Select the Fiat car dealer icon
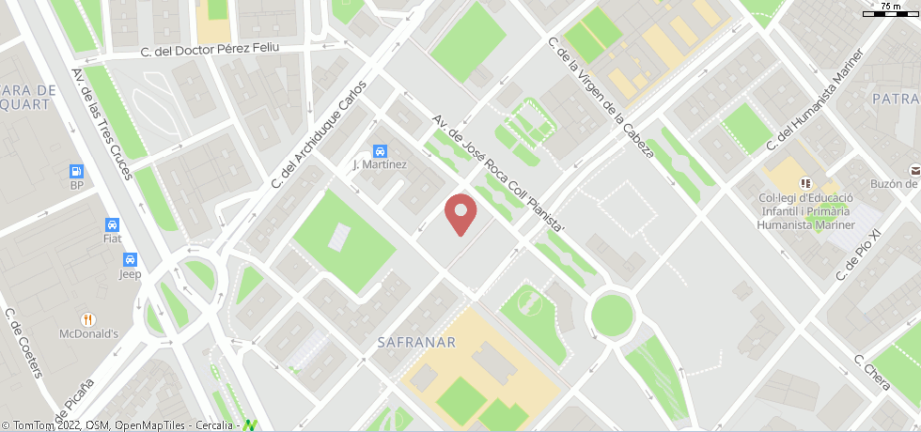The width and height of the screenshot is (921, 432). (x=112, y=224)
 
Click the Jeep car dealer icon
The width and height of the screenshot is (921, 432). (x=130, y=260)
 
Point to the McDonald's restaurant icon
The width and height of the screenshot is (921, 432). (x=88, y=319)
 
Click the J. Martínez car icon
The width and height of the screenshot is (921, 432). (x=380, y=151)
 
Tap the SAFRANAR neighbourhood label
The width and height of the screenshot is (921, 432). (x=416, y=343)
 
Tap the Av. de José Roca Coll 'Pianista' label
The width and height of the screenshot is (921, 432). (x=498, y=175)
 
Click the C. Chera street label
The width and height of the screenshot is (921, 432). (x=871, y=373)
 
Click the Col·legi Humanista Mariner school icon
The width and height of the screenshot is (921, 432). (x=805, y=182)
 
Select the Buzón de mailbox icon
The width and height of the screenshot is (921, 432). (x=914, y=169)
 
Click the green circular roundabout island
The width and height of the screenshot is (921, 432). (x=612, y=315)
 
